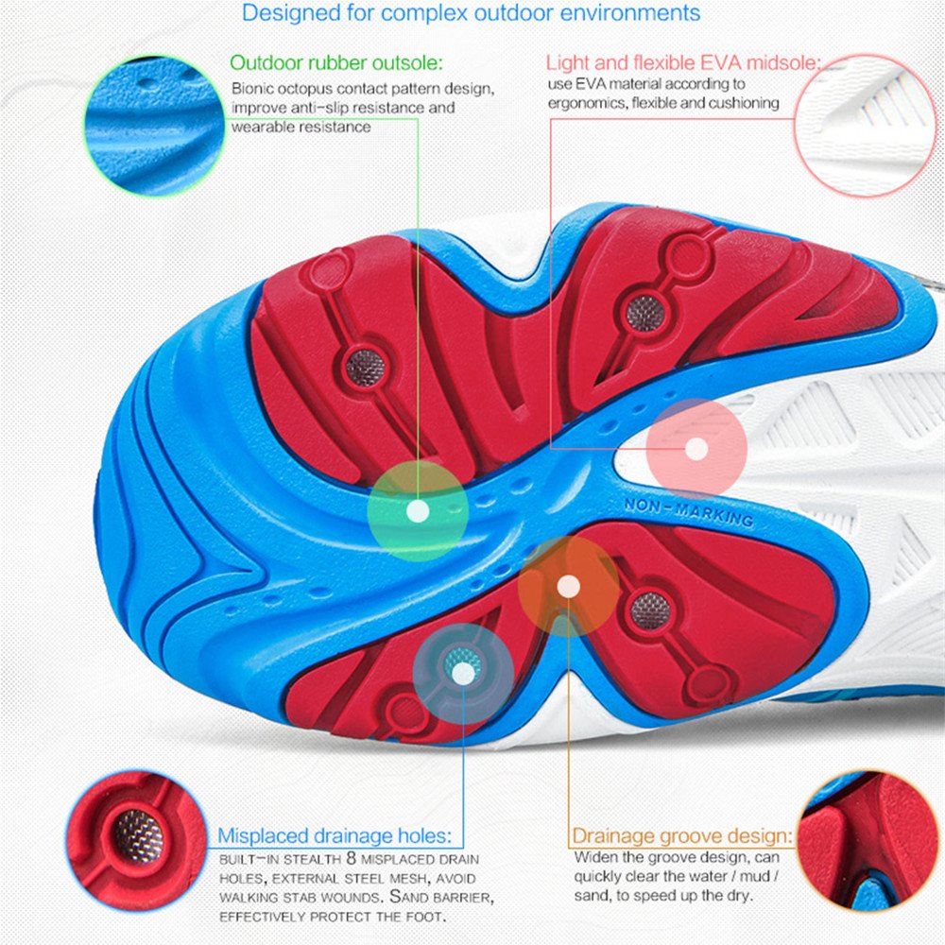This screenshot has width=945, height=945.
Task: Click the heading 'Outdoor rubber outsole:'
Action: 336,63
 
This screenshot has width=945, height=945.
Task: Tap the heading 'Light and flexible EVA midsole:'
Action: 683,63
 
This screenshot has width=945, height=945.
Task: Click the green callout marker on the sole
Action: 417,511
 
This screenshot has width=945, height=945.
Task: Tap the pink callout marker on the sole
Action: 696,449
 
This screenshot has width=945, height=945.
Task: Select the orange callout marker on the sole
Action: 568,587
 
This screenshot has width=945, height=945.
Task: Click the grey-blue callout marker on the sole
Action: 463,673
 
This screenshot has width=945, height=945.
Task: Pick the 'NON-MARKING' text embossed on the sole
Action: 689,513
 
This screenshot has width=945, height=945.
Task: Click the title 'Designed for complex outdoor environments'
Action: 472,13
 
